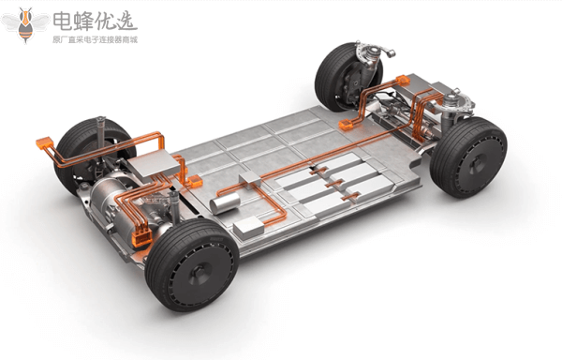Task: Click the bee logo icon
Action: (25, 25)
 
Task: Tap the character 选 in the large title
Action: (126, 22)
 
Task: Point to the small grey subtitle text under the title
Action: (95, 39)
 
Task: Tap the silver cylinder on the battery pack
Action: (225, 202)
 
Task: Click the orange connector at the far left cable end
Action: (44, 143)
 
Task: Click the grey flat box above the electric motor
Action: (154, 166)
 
